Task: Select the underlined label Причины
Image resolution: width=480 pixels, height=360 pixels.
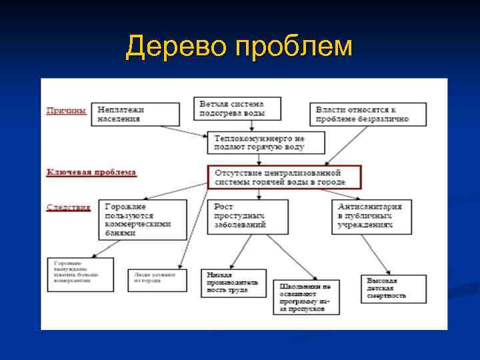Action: [65, 111]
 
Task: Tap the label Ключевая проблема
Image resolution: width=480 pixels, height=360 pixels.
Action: [91, 172]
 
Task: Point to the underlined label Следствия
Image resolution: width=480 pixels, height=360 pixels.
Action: [68, 207]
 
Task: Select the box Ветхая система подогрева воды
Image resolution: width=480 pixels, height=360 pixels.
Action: [239, 109]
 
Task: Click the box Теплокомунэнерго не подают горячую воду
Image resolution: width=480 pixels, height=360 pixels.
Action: [267, 142]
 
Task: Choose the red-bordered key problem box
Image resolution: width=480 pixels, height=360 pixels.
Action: [284, 177]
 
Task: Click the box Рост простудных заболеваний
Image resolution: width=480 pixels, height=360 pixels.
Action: [247, 216]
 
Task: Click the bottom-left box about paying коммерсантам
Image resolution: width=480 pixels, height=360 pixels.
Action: [80, 274]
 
